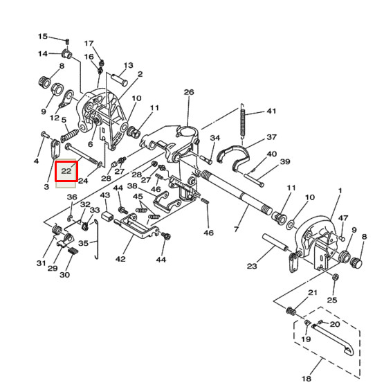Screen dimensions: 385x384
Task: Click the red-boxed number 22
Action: (x=66, y=170)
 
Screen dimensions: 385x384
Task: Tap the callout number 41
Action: (x=271, y=111)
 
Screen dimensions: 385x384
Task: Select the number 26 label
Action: (x=189, y=92)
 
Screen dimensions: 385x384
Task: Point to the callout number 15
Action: (x=42, y=37)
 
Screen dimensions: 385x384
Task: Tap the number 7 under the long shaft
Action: (x=237, y=229)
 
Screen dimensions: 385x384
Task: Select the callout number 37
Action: (x=271, y=137)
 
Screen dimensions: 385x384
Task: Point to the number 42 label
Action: (x=121, y=260)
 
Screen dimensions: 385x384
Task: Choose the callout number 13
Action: (x=128, y=66)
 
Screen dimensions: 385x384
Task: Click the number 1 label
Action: (x=340, y=190)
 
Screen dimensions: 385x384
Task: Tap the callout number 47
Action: (x=344, y=218)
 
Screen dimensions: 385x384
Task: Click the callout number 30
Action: (x=64, y=275)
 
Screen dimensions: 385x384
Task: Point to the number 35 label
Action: (x=83, y=244)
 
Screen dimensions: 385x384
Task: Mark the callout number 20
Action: (x=335, y=324)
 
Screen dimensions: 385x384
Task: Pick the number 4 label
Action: (x=37, y=161)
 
